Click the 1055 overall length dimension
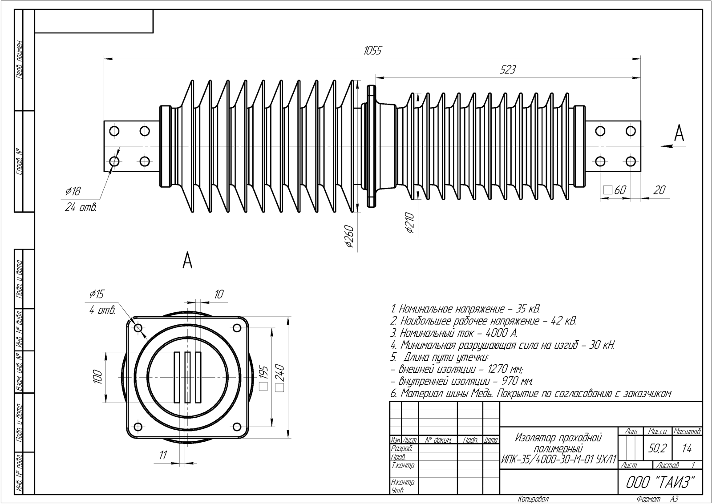click(372, 51)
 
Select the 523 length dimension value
click(508, 69)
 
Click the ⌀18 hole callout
click(73, 192)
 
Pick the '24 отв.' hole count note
click(81, 207)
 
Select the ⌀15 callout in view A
click(97, 294)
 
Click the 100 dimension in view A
click(98, 377)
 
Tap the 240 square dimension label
click(280, 378)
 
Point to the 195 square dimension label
click(263, 378)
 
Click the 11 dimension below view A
click(163, 455)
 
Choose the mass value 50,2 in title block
click(657, 449)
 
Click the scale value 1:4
click(687, 449)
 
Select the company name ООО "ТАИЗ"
click(660, 482)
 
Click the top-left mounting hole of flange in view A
click(138, 328)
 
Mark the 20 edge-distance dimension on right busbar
click(659, 190)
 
